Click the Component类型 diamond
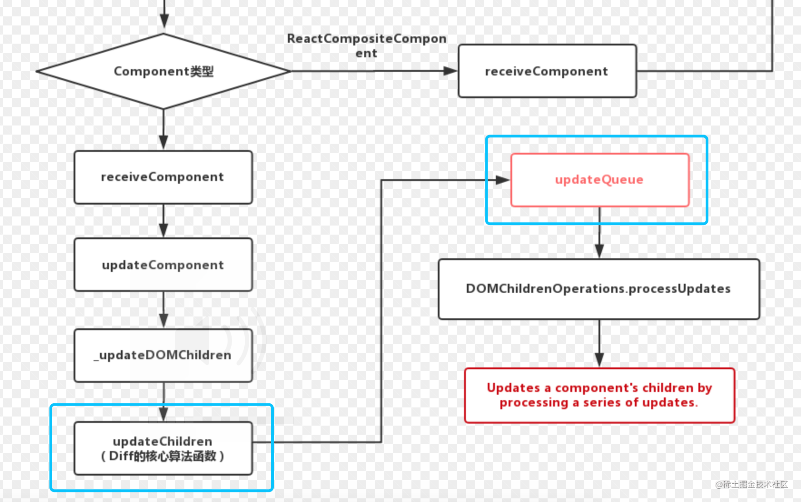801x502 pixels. click(163, 71)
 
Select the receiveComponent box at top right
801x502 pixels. click(547, 71)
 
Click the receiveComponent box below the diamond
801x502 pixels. click(163, 177)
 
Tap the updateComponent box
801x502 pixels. click(163, 265)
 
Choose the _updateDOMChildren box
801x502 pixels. click(163, 355)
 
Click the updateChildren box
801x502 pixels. click(163, 448)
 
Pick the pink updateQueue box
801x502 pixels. click(599, 180)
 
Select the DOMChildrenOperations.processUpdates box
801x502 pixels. click(598, 289)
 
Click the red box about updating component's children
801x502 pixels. click(599, 395)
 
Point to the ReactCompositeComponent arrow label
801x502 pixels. click(366, 45)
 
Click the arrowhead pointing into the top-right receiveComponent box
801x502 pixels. click(450, 71)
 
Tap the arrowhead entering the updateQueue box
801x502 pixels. click(502, 180)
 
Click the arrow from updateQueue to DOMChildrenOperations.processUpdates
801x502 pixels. click(599, 236)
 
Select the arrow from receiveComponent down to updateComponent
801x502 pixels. click(163, 222)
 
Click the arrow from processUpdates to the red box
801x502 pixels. click(599, 346)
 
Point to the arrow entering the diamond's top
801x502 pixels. click(164, 18)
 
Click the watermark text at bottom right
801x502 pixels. click(751, 484)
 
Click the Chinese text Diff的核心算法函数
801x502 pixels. click(163, 456)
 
